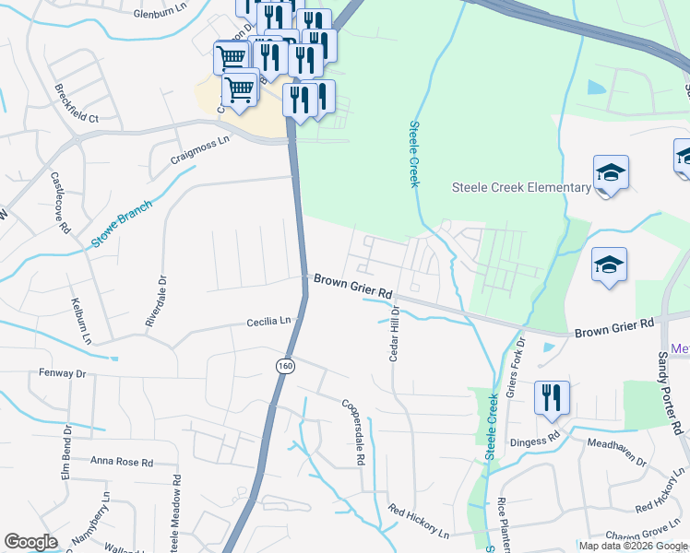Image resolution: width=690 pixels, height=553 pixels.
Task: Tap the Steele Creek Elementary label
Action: point(521,188)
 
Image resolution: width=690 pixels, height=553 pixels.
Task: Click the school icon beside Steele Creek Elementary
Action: point(610,173)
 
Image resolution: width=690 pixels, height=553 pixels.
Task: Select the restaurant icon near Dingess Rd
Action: point(552,397)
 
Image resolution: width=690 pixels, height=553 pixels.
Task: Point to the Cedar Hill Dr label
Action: point(393,336)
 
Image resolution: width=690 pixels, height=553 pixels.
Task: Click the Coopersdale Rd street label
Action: point(354,430)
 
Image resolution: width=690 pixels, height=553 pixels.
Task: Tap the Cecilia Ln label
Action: point(268,322)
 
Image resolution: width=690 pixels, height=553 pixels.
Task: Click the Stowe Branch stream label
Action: point(121,227)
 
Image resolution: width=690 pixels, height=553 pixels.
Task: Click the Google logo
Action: point(30,542)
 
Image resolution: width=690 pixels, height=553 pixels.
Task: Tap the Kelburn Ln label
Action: point(79,320)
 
